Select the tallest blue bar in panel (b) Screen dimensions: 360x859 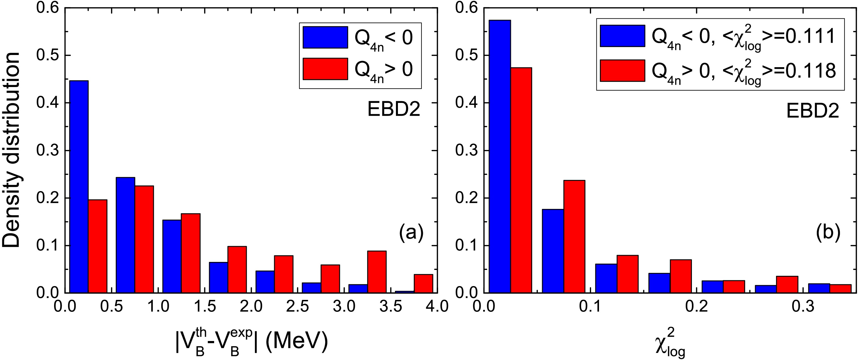coord(500,156)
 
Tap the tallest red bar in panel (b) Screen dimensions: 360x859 coord(521,180)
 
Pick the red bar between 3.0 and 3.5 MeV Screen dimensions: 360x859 coord(377,272)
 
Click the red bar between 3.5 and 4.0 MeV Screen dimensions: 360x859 coord(423,283)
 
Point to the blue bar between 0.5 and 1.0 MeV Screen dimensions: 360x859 coord(125,235)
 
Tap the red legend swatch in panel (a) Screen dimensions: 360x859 coord(325,69)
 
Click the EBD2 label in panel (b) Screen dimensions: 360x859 coord(812,111)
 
